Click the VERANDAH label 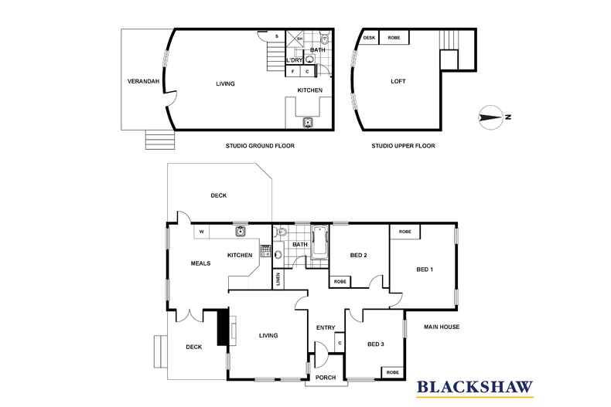pos(144,81)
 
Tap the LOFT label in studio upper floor pos(398,81)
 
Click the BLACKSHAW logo pos(475,385)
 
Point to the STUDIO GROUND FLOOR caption pos(261,145)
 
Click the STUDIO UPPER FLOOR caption pos(403,145)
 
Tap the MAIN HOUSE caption pos(442,327)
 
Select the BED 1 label pos(425,269)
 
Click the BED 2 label pos(357,256)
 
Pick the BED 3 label pos(375,344)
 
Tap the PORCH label pos(326,378)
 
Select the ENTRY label pos(326,328)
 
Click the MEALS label pos(201,263)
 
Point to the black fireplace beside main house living pos(223,326)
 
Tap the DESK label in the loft pos(369,37)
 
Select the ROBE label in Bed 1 pos(405,232)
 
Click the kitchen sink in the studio pos(308,122)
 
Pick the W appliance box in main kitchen pos(201,231)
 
